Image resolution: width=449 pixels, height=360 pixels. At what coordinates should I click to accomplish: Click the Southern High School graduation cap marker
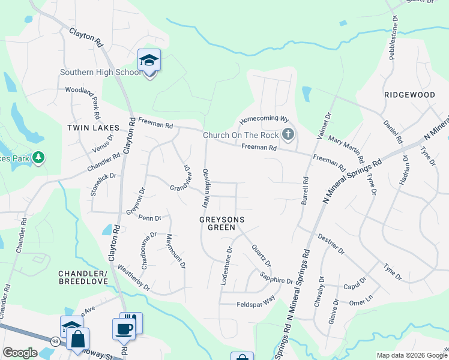pos(149,61)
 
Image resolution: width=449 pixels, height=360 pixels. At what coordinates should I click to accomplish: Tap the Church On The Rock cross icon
pos(288,134)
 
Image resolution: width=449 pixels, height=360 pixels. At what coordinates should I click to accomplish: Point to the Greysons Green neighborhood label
pos(222,223)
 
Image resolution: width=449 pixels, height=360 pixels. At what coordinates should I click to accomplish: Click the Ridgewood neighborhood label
pos(409,95)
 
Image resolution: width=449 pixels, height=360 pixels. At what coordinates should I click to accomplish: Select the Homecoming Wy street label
pos(265,119)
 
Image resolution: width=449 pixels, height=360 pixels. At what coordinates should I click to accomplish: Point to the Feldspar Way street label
pos(256,302)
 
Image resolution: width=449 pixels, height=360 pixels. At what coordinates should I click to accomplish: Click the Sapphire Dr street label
pos(277,277)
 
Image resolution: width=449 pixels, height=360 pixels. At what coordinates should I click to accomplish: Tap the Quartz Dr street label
pos(262,255)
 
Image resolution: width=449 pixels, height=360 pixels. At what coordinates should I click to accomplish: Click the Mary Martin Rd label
pos(346,149)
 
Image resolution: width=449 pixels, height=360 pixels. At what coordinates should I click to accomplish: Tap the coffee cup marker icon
pos(124,329)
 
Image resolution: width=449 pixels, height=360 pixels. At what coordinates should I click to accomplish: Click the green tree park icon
pos(38,157)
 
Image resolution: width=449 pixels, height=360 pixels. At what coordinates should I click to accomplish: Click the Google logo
pos(20,353)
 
